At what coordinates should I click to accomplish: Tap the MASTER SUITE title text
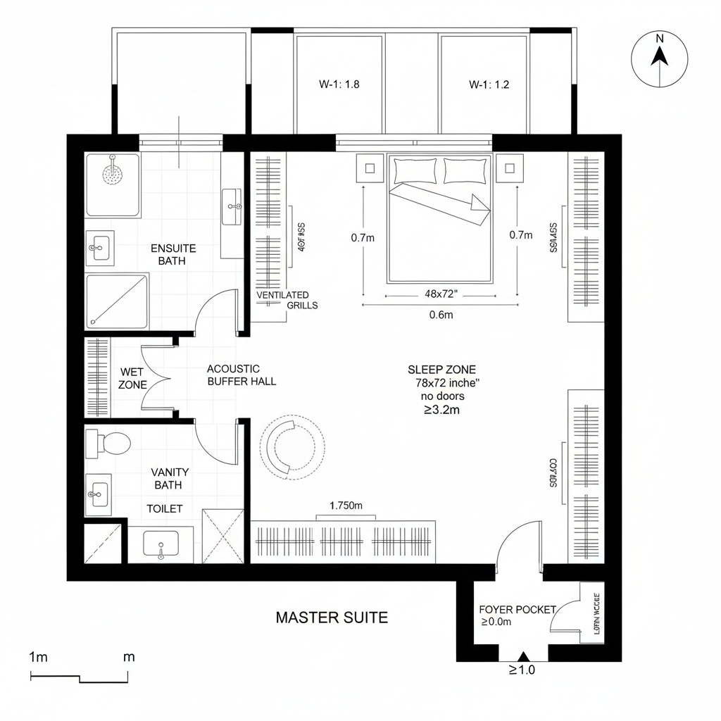click(331, 617)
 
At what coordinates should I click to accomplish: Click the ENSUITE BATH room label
click(173, 254)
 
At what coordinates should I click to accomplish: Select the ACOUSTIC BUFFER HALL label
click(241, 375)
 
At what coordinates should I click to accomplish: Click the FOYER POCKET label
click(518, 610)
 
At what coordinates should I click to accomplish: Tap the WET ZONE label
click(133, 378)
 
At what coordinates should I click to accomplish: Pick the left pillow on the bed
click(415, 170)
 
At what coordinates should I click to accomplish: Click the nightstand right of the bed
click(510, 168)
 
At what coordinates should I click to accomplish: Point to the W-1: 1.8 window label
click(339, 84)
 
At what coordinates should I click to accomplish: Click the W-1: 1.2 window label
click(489, 84)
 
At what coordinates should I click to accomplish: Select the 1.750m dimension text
click(345, 505)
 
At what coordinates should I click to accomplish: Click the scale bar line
click(80, 679)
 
